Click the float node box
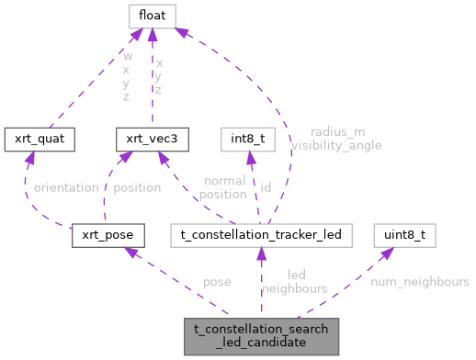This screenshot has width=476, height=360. click(x=151, y=15)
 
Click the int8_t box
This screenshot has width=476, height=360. click(x=248, y=140)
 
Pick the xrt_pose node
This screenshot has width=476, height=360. click(x=107, y=235)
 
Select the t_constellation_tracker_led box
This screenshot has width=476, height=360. click(x=261, y=235)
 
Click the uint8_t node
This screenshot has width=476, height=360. click(x=403, y=235)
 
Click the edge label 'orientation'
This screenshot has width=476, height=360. click(x=65, y=187)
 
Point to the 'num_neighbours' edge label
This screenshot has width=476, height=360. click(x=419, y=282)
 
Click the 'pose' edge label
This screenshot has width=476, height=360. click(x=217, y=282)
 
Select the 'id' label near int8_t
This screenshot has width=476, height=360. click(x=266, y=187)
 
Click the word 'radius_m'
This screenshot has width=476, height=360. click(x=337, y=132)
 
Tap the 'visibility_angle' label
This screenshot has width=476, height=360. click(x=335, y=145)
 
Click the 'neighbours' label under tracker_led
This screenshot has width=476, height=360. click(x=294, y=288)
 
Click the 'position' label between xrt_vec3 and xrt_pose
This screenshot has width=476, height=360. click(x=136, y=187)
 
